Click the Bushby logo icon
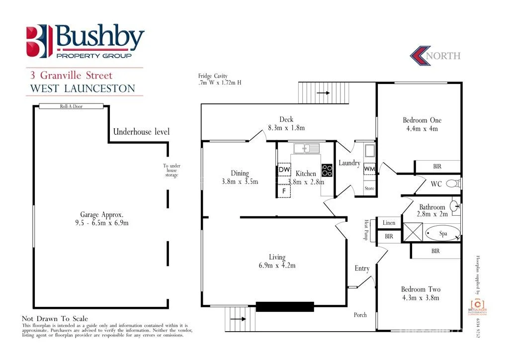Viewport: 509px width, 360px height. pyautogui.click(x=39, y=41)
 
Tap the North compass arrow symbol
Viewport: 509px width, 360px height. pyautogui.click(x=420, y=55)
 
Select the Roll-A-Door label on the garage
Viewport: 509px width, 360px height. pyautogui.click(x=71, y=106)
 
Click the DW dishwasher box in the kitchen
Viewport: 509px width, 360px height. pyautogui.click(x=284, y=170)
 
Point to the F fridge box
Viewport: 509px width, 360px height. pyautogui.click(x=284, y=190)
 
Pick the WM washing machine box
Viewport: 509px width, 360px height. pyautogui.click(x=369, y=169)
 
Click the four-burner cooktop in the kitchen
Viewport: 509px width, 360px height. pyautogui.click(x=327, y=171)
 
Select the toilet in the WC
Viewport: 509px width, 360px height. pyautogui.click(x=453, y=183)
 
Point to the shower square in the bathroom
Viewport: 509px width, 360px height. pyautogui.click(x=412, y=232)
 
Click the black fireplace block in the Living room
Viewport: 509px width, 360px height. pyautogui.click(x=285, y=307)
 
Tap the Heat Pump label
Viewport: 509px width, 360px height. pyautogui.click(x=366, y=230)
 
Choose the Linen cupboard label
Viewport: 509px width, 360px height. pyautogui.click(x=389, y=223)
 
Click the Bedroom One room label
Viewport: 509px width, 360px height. pyautogui.click(x=422, y=120)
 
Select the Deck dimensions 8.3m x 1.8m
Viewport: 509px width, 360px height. pyautogui.click(x=286, y=128)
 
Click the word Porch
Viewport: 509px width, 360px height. pyautogui.click(x=360, y=315)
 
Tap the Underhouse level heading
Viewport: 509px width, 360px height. pyautogui.click(x=141, y=132)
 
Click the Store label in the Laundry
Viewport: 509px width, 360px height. pyautogui.click(x=369, y=188)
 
